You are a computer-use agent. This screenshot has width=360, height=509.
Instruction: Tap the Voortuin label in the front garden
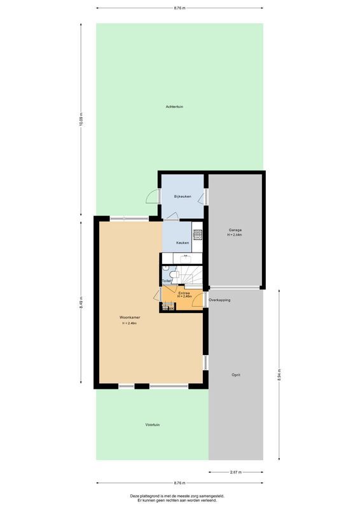(x=152, y=424)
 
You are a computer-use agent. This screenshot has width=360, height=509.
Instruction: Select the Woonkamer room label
(x=130, y=317)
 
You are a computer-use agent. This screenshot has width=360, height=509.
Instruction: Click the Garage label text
(x=235, y=230)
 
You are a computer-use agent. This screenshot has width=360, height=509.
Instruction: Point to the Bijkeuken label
(x=183, y=197)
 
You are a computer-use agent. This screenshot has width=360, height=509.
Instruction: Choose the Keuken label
(x=183, y=244)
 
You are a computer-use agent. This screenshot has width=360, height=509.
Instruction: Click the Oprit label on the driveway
(x=235, y=375)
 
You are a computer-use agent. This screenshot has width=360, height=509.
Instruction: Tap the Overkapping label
(x=219, y=299)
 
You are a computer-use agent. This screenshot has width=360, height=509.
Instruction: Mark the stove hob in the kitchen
(x=197, y=234)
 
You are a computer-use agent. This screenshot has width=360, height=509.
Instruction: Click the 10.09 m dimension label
(x=81, y=119)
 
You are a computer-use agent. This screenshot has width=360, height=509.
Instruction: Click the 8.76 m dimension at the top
(x=179, y=8)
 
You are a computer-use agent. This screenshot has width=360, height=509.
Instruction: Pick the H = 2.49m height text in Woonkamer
(x=130, y=323)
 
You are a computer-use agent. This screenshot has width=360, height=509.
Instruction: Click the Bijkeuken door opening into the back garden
(x=153, y=197)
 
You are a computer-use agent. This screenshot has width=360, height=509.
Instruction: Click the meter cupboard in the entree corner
(x=167, y=309)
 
